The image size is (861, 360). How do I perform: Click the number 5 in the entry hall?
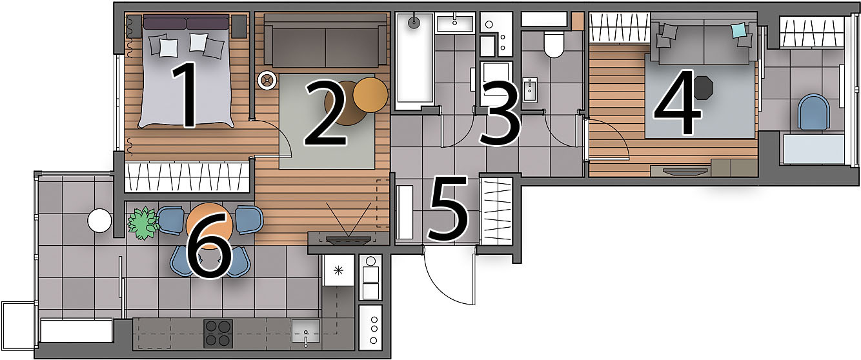coord(448,208)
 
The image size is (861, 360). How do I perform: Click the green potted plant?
coord(143,223)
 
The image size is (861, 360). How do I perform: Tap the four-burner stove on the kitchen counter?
coord(218,333)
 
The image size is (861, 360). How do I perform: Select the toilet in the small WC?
coord(554,45)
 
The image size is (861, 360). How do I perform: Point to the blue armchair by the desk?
coord(814,112)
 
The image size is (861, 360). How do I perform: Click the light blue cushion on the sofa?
coord(738,30)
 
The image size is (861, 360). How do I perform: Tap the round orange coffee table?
coord(370,94)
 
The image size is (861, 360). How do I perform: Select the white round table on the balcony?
coord(99,220)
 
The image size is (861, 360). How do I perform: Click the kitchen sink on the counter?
coord(305,331)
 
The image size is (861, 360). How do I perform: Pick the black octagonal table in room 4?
coord(704,88)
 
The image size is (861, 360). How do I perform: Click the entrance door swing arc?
coord(442,285)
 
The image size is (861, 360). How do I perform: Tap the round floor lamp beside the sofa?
coord(267,81)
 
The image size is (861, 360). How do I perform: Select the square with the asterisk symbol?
coord(338,270)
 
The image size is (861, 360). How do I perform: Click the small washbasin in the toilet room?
coord(530,89)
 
